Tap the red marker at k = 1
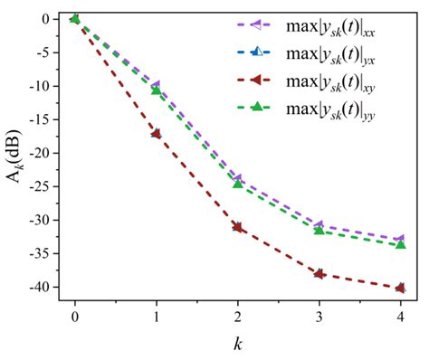click(x=156, y=133)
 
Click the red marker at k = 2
click(x=237, y=226)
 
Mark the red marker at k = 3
click(x=319, y=273)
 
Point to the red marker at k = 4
click(x=400, y=289)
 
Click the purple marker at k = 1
click(x=156, y=84)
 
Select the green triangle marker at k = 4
click(x=400, y=244)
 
